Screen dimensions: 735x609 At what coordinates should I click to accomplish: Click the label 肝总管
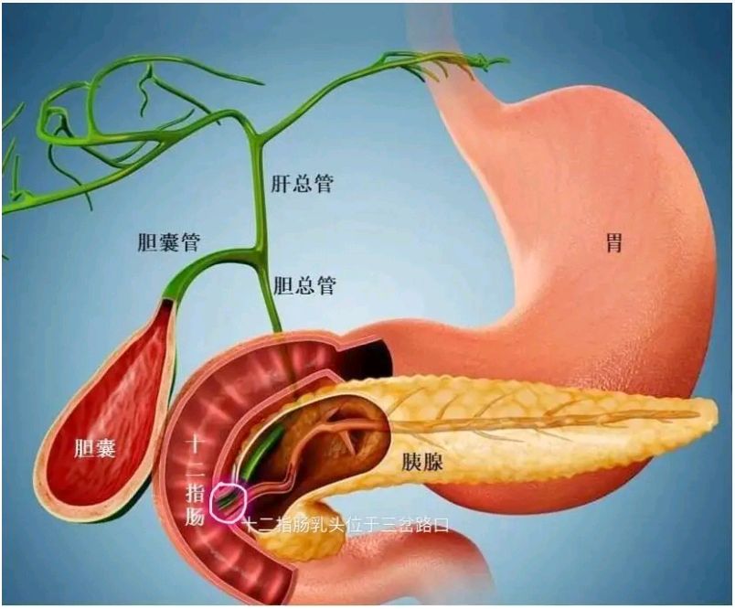[302, 183]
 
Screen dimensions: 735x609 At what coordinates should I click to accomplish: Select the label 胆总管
[304, 284]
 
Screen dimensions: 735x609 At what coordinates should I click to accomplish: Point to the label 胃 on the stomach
[614, 243]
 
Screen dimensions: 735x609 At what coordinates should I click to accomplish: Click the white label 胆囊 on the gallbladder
[95, 449]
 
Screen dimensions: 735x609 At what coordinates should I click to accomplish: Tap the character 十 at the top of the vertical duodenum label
[194, 444]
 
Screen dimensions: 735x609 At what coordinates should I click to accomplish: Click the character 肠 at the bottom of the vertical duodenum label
[195, 517]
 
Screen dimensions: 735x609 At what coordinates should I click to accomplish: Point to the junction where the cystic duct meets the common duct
[256, 251]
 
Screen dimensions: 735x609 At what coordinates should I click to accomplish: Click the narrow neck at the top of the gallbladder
[170, 300]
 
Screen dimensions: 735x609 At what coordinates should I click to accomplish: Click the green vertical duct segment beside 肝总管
[256, 187]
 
